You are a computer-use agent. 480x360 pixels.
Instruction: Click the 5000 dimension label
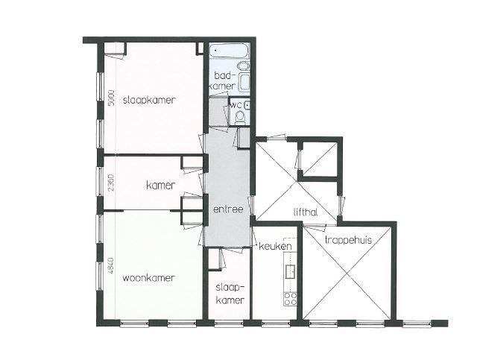click(112, 98)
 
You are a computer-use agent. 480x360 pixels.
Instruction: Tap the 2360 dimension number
click(111, 183)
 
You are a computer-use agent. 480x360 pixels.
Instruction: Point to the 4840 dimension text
click(111, 265)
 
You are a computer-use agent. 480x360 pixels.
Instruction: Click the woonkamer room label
click(149, 278)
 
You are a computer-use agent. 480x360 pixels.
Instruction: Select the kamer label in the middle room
click(161, 185)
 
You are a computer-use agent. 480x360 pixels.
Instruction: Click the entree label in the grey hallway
click(228, 209)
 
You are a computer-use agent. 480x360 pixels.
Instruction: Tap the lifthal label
click(305, 212)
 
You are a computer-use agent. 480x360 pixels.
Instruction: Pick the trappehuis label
click(348, 240)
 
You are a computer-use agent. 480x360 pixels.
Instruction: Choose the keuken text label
click(275, 246)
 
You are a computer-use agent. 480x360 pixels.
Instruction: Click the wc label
click(236, 105)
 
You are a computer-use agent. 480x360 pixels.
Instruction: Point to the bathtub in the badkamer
click(229, 51)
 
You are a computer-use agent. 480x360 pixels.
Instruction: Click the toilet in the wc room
click(240, 118)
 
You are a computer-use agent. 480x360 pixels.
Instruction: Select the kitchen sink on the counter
click(290, 271)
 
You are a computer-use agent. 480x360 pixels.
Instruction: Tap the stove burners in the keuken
click(290, 299)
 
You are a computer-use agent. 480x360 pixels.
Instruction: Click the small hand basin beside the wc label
click(247, 105)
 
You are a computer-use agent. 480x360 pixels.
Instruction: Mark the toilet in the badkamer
click(244, 66)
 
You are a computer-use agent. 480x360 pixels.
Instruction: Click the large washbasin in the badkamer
click(244, 82)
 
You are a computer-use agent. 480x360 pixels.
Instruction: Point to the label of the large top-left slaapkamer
click(149, 100)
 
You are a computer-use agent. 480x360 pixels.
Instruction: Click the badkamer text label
click(224, 80)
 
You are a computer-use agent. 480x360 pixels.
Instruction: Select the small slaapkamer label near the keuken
click(230, 294)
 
